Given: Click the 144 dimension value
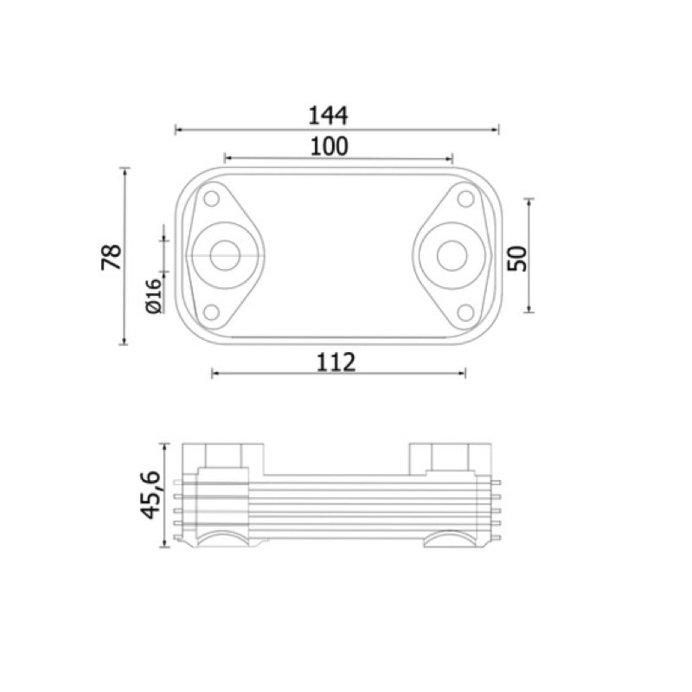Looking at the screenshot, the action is click(x=328, y=115).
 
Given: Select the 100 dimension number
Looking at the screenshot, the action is click(x=330, y=146).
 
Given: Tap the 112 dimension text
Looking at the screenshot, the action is click(x=336, y=362).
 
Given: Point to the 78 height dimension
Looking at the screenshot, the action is click(x=112, y=256).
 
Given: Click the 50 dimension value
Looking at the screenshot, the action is click(x=517, y=259).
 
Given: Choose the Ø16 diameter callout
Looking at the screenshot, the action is click(x=154, y=296).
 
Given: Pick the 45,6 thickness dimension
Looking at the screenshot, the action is click(x=150, y=495).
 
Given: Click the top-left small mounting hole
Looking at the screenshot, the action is click(x=211, y=199).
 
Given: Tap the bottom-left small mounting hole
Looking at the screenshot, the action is click(x=211, y=312).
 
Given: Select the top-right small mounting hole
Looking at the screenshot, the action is click(x=465, y=199).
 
